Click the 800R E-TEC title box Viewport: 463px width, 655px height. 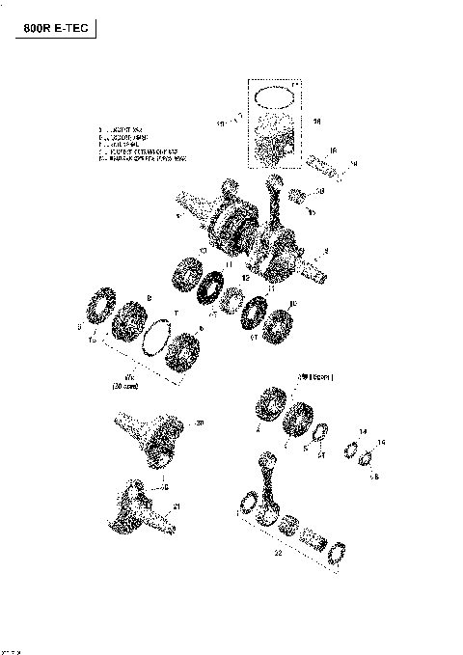coord(55,29)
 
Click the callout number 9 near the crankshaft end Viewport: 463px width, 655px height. coord(326,251)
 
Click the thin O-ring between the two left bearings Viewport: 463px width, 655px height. coord(153,337)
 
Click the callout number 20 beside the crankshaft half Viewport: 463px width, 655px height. coord(200,423)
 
